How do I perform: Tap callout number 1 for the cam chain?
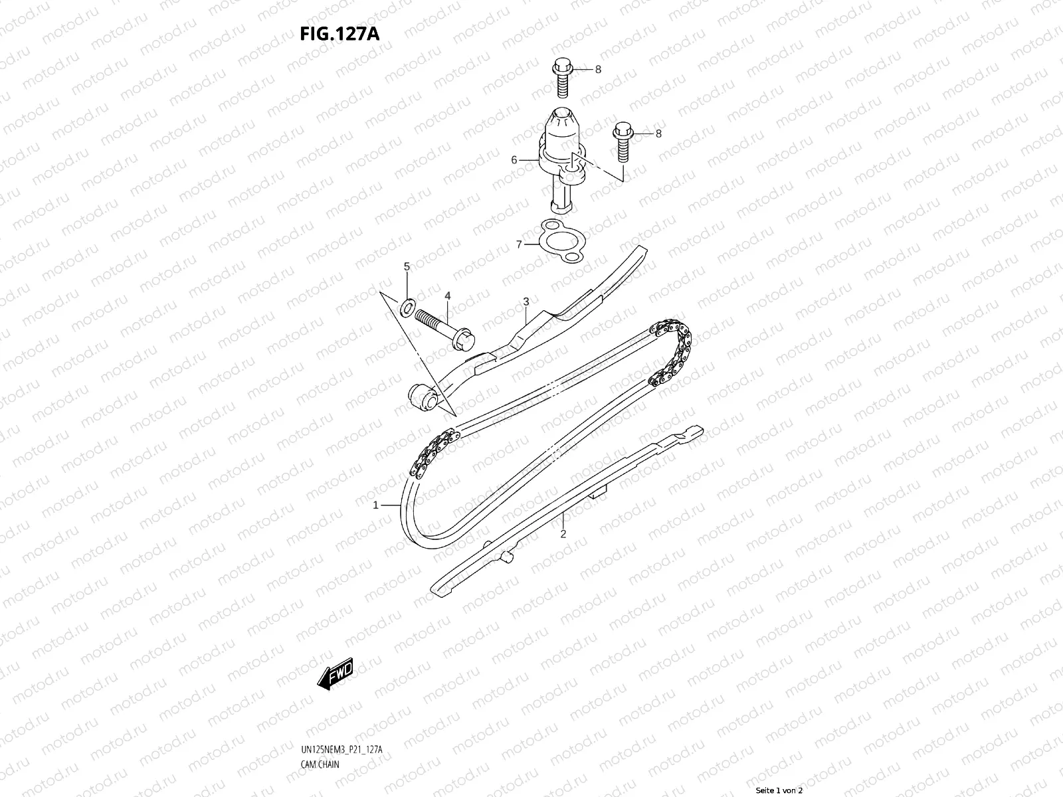[x=375, y=505]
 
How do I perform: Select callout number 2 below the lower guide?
[x=563, y=534]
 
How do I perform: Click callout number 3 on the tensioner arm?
[x=526, y=302]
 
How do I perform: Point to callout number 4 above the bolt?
[x=448, y=296]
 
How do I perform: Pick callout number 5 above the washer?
[x=407, y=266]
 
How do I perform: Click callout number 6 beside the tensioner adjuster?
[x=514, y=160]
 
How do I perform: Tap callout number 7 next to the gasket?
[x=519, y=245]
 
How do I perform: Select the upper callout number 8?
[x=598, y=69]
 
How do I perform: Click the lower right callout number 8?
[x=658, y=133]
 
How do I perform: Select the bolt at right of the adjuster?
[x=622, y=141]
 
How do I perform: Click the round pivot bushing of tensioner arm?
[x=423, y=397]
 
